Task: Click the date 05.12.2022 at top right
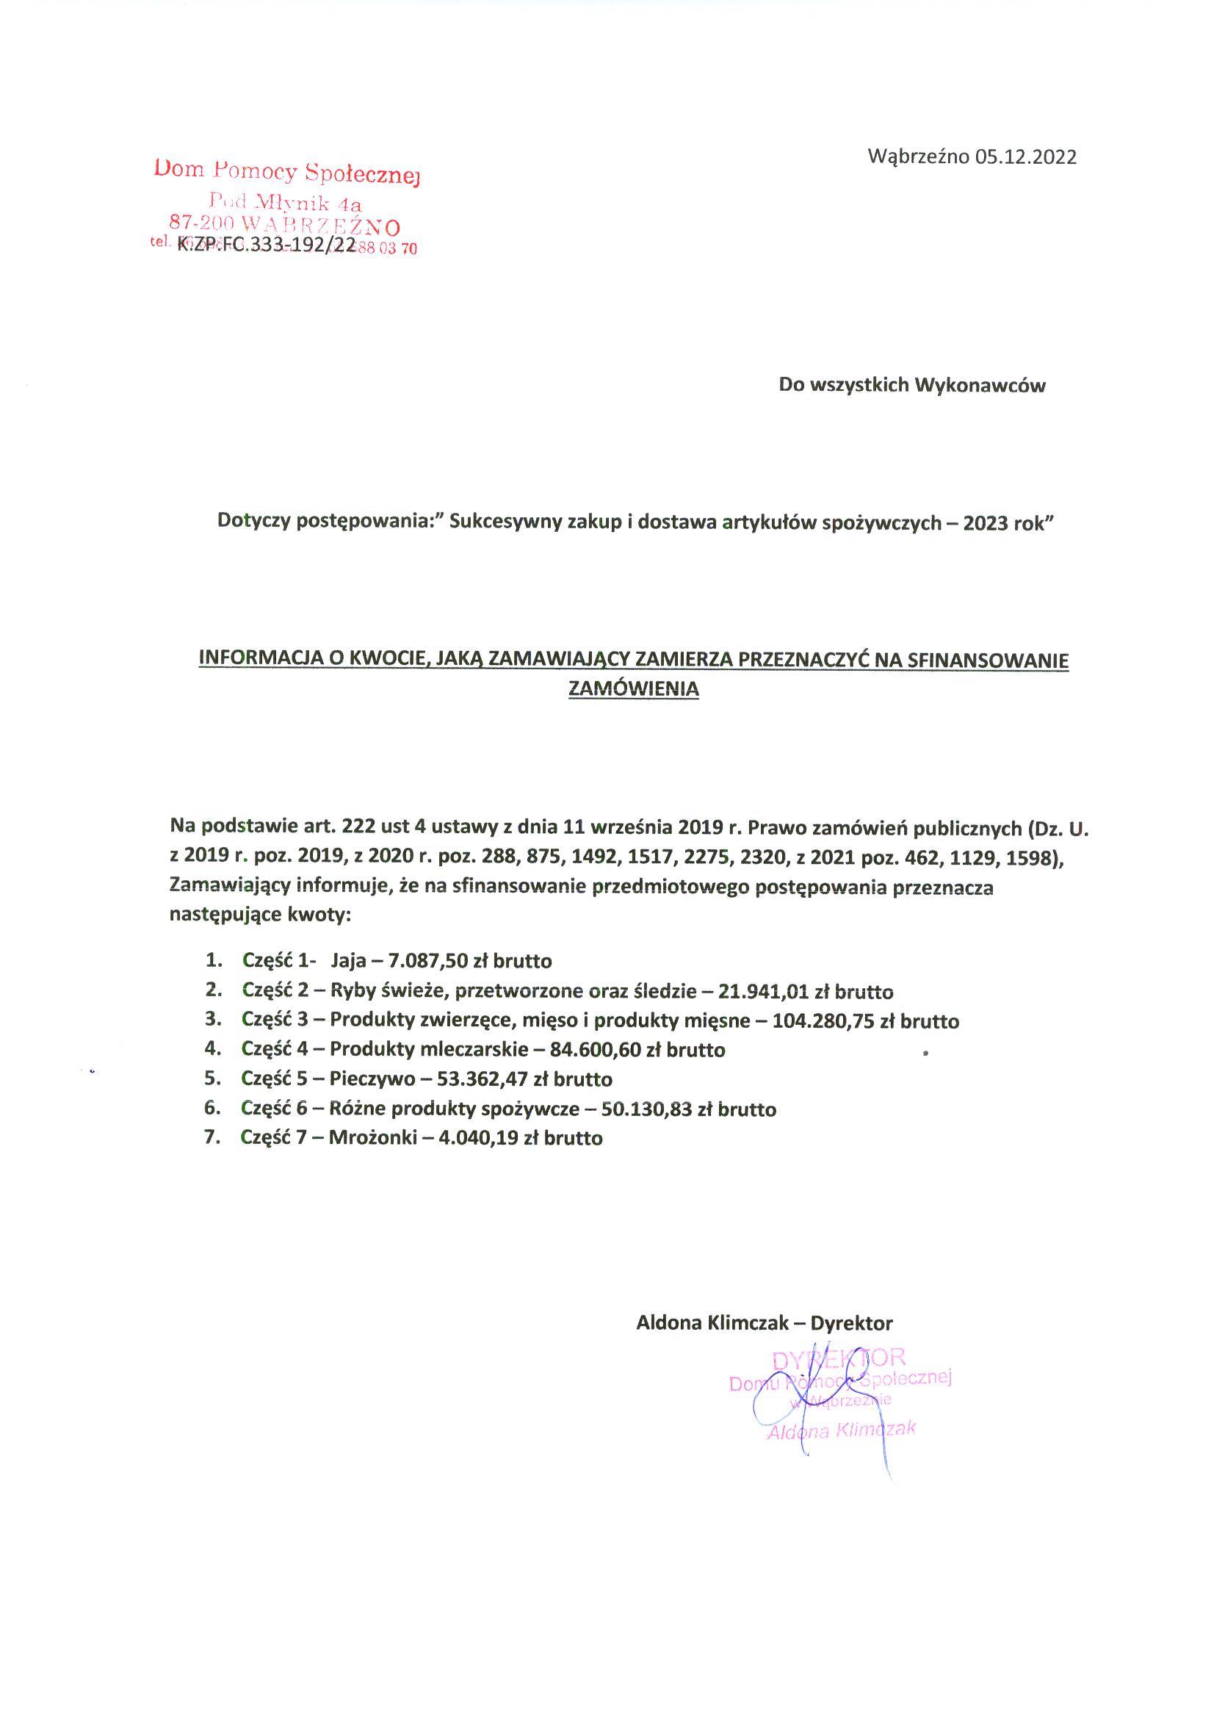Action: [1025, 157]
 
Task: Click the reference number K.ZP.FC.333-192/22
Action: [265, 246]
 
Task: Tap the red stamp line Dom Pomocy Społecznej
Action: [287, 171]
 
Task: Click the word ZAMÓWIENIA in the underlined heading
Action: [634, 688]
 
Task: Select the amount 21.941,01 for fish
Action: [764, 992]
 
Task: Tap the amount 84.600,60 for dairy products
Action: [596, 1050]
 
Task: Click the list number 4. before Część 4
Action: [213, 1049]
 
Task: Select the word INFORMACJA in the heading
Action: [256, 660]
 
